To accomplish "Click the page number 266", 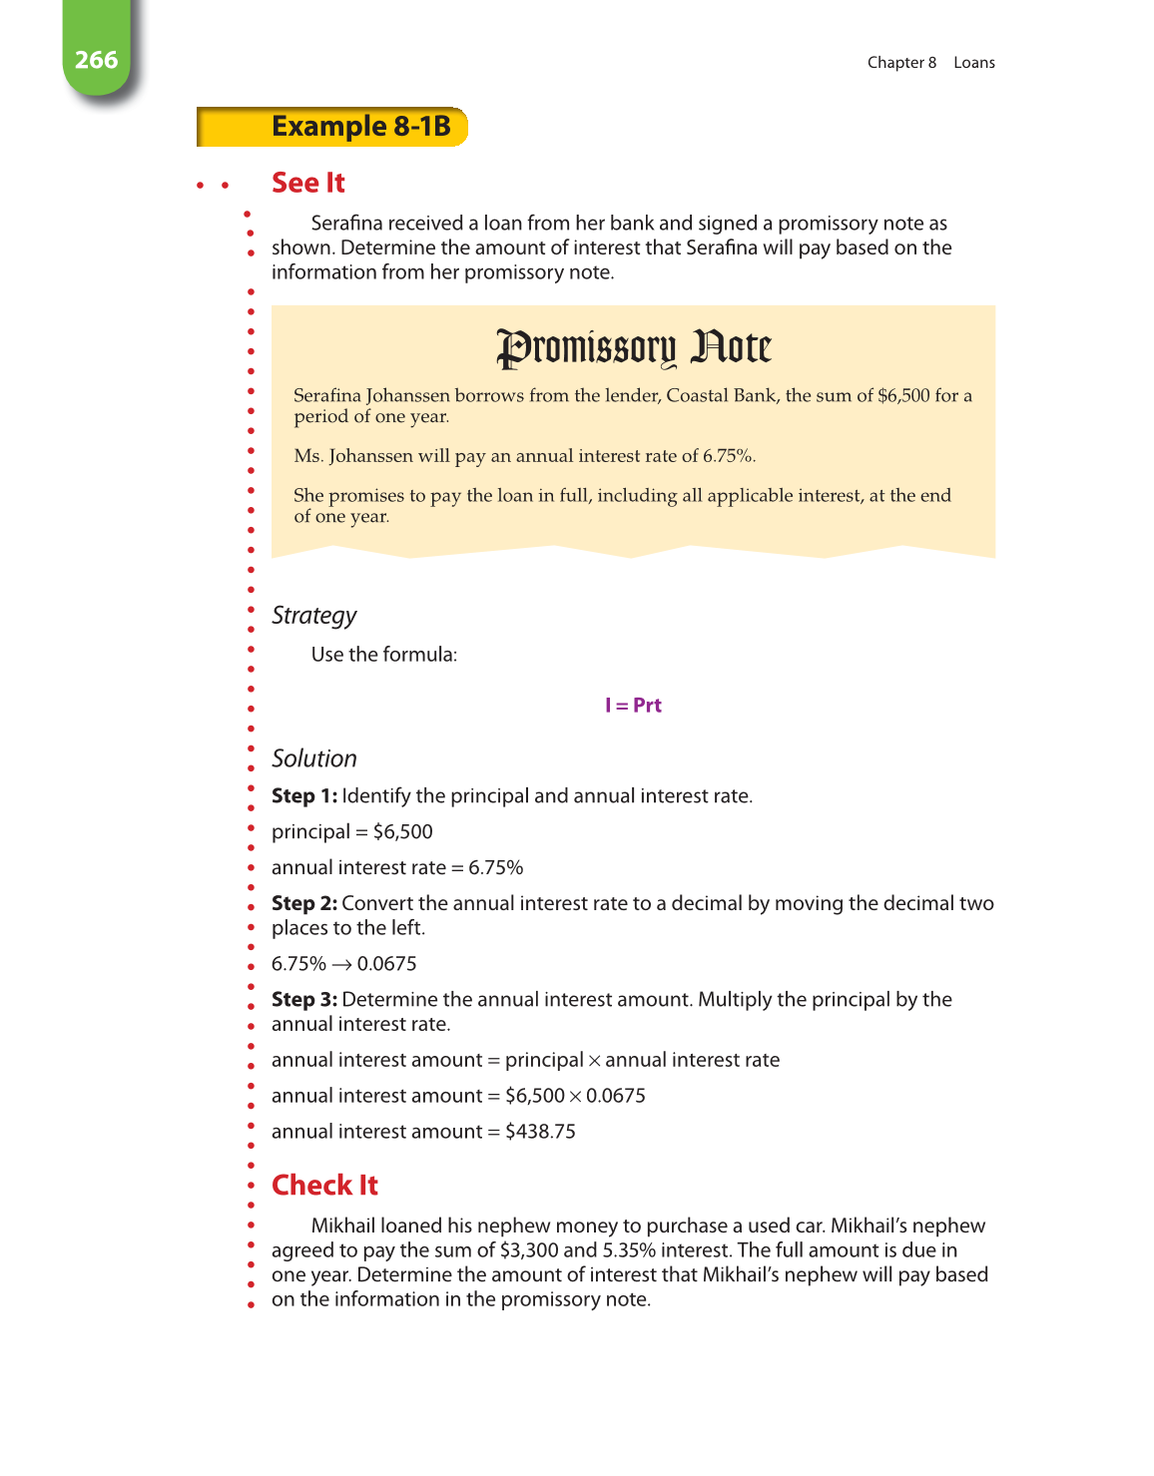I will click(96, 60).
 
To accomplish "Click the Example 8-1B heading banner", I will click(360, 127).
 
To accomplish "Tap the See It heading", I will click(307, 183).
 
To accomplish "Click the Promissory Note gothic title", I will click(634, 348).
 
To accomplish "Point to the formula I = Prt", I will click(633, 706).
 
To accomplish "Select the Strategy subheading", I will click(313, 616).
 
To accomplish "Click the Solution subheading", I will click(313, 758).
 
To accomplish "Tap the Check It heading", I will click(324, 1185).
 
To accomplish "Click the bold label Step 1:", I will click(303, 796).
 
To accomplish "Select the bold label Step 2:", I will click(303, 903).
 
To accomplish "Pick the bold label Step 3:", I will click(303, 1000).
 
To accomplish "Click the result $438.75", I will click(540, 1132).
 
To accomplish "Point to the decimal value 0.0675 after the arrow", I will click(387, 964).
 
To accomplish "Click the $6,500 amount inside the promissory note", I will click(903, 395).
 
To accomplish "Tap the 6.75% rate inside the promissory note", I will click(727, 456).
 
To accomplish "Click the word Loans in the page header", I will click(973, 63).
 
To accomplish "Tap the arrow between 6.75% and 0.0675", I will click(341, 965).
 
